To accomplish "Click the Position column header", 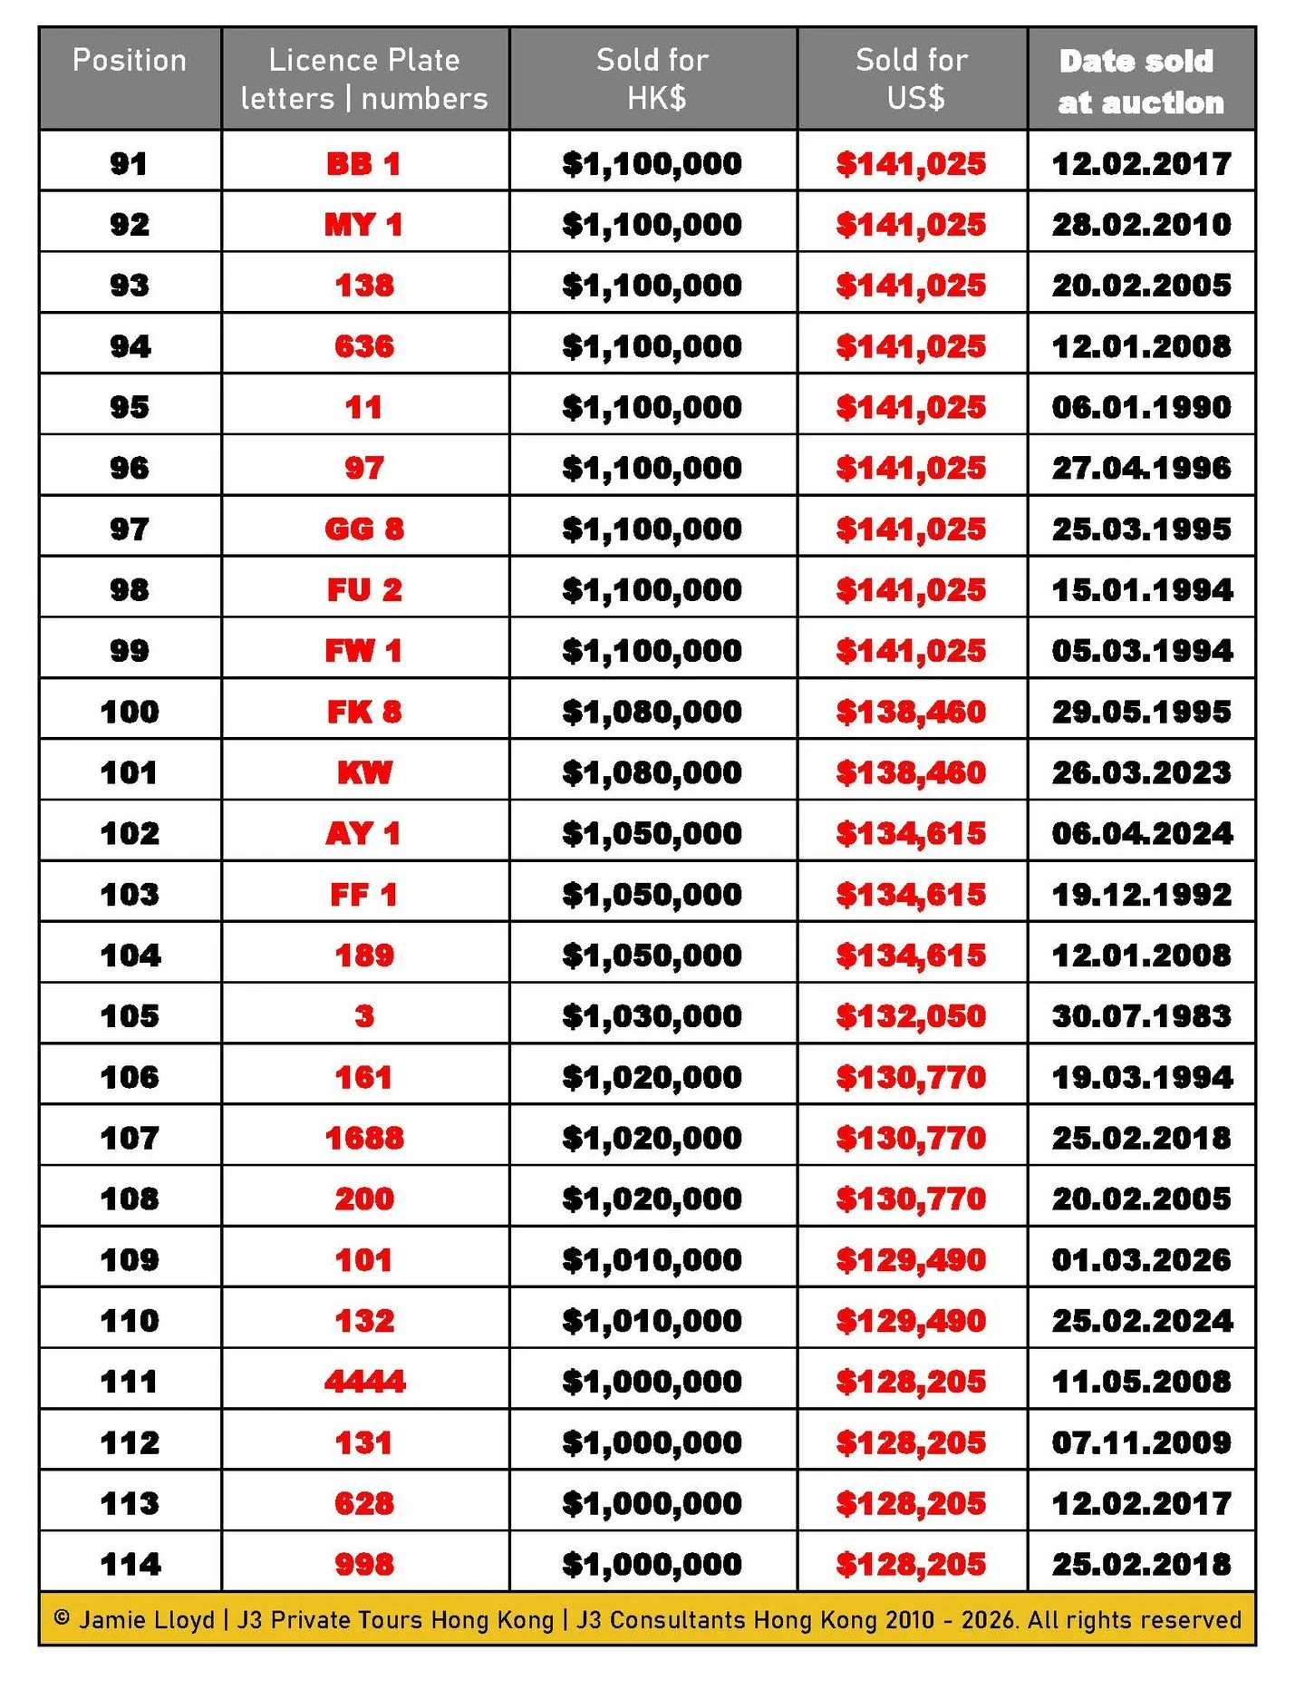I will (x=130, y=61).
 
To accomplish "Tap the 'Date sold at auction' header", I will (x=1140, y=82).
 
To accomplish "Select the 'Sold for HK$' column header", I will (x=652, y=79).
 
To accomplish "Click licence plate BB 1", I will (x=363, y=164).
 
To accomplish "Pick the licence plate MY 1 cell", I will (x=363, y=225).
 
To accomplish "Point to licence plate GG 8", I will (x=363, y=529).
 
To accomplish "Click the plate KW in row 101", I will (x=364, y=772).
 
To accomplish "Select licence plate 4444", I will (x=364, y=1382).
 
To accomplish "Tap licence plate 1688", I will (x=364, y=1138).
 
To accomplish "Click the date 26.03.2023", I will (x=1141, y=772).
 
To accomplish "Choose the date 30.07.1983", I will (x=1141, y=1016).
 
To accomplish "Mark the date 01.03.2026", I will (x=1141, y=1260).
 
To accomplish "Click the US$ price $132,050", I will (x=911, y=1016).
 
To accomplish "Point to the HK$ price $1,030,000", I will (x=652, y=1016).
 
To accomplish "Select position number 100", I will (x=130, y=712).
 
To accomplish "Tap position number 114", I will (x=130, y=1565).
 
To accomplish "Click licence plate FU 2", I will (x=363, y=590).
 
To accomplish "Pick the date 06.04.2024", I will (x=1141, y=833).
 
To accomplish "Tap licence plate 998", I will (x=364, y=1565).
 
